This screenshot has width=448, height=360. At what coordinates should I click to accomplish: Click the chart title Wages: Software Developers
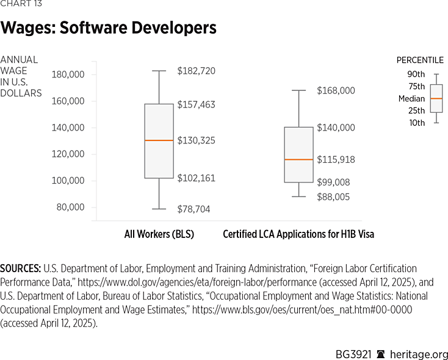(x=108, y=28)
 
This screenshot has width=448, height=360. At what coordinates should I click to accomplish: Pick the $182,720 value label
(x=196, y=71)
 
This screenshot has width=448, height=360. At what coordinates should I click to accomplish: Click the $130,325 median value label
(x=196, y=140)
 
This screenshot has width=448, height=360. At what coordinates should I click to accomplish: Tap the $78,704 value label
(x=193, y=209)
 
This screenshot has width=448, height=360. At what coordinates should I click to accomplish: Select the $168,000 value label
(x=336, y=90)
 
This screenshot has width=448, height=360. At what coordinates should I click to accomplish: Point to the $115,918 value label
(x=336, y=159)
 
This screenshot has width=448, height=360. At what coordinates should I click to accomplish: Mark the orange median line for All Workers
(x=159, y=140)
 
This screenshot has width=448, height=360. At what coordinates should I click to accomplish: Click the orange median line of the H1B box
(x=298, y=159)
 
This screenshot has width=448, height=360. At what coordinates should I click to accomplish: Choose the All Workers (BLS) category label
(x=159, y=234)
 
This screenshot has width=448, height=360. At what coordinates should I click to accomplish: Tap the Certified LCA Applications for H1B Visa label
(x=298, y=234)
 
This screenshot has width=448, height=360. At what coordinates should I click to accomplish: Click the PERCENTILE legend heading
(x=421, y=60)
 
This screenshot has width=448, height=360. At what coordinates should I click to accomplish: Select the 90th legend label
(x=417, y=74)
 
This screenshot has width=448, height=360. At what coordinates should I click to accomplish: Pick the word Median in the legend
(x=412, y=98)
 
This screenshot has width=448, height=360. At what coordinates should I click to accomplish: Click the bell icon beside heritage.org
(x=380, y=355)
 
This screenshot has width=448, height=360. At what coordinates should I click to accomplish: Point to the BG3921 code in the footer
(x=353, y=355)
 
